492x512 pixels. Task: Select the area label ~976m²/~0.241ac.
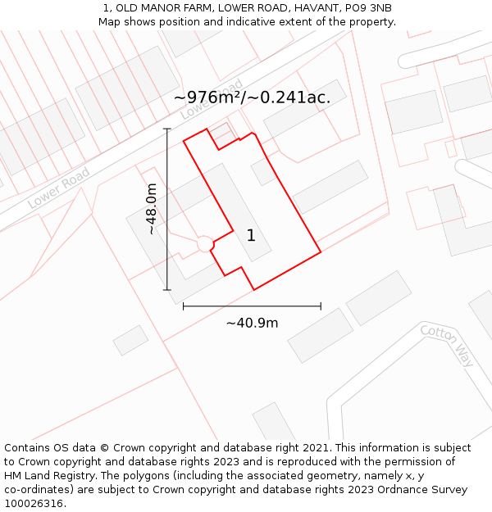click(253, 97)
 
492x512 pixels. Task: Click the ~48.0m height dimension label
click(152, 210)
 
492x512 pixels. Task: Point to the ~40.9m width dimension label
click(252, 323)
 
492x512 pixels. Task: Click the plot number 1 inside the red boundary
click(251, 236)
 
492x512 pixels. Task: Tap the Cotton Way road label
click(447, 345)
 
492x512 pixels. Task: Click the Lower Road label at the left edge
click(58, 188)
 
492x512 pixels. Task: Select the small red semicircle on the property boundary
click(206, 244)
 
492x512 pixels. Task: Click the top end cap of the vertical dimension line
click(167, 129)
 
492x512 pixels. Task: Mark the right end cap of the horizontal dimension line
click(321, 306)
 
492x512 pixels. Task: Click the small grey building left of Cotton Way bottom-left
click(130, 340)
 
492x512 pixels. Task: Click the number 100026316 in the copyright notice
click(34, 504)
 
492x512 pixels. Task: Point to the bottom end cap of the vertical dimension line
click(167, 290)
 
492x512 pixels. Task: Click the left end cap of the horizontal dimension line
click(183, 306)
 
